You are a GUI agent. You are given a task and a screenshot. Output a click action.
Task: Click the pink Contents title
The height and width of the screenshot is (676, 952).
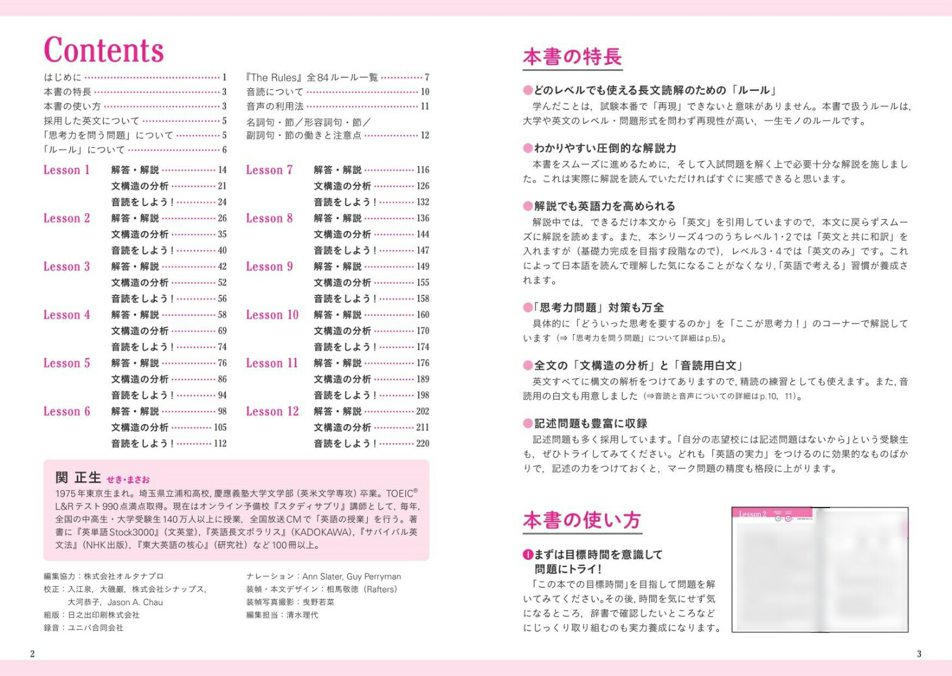(x=104, y=50)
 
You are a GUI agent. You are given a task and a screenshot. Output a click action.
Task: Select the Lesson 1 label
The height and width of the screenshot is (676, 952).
(x=66, y=170)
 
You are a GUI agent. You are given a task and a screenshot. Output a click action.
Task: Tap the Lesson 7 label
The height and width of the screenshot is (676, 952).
(x=269, y=170)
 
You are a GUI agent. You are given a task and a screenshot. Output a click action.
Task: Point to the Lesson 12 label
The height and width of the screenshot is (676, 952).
(x=272, y=412)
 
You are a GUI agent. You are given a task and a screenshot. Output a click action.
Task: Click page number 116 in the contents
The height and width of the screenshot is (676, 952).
(x=422, y=170)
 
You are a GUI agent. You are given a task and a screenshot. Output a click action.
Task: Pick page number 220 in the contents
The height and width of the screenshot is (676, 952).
(x=422, y=444)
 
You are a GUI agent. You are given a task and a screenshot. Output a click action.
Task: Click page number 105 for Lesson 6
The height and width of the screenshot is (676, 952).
(x=220, y=428)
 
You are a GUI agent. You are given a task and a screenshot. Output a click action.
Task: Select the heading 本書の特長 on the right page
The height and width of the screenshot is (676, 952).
(x=572, y=57)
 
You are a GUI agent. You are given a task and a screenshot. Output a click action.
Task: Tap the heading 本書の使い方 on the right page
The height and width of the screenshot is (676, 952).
(x=581, y=521)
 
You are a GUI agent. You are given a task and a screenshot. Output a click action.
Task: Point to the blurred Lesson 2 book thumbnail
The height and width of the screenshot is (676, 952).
(x=819, y=569)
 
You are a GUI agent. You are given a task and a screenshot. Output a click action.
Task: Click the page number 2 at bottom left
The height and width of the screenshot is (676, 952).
(x=32, y=654)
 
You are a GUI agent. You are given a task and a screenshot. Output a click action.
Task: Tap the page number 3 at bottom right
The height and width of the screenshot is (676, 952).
(x=919, y=654)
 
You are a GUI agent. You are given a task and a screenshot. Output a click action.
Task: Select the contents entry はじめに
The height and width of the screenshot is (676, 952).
(x=62, y=77)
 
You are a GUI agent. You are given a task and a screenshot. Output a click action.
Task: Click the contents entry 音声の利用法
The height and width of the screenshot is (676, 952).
(x=275, y=107)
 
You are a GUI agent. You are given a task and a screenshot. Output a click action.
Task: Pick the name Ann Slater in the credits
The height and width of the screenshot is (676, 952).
(x=321, y=577)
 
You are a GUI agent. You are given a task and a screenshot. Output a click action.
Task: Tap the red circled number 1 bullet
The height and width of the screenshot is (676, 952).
(x=527, y=555)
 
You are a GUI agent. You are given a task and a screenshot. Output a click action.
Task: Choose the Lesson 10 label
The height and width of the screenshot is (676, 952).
(x=272, y=315)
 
